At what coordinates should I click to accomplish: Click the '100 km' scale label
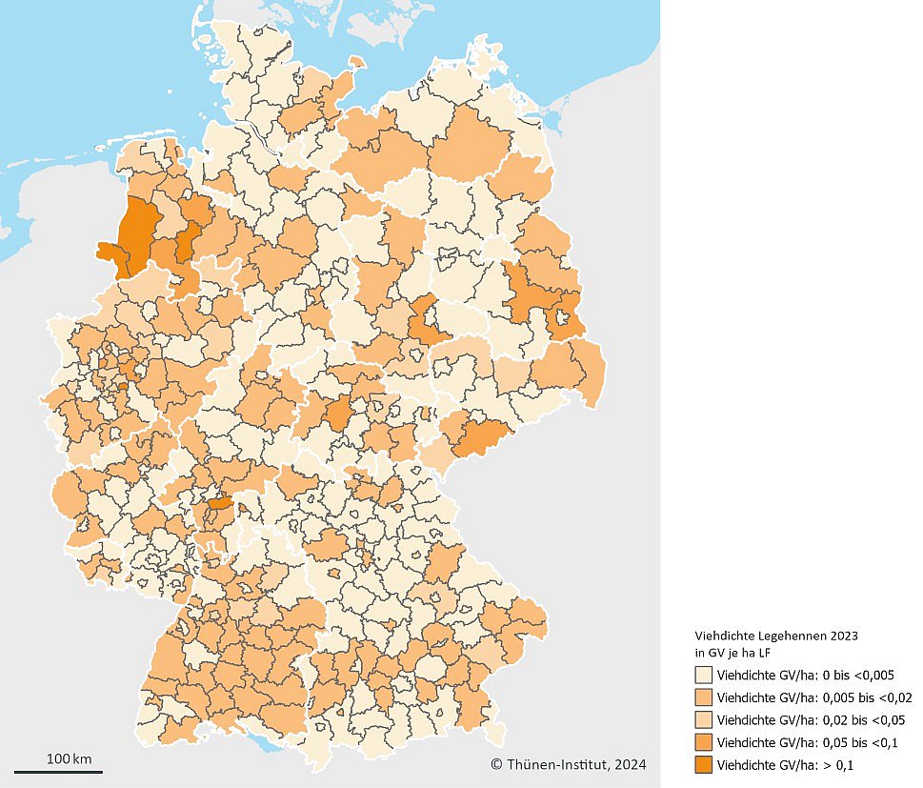point(69,758)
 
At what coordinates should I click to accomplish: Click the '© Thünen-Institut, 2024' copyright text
point(568,764)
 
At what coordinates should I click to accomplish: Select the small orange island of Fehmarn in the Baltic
point(357,64)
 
